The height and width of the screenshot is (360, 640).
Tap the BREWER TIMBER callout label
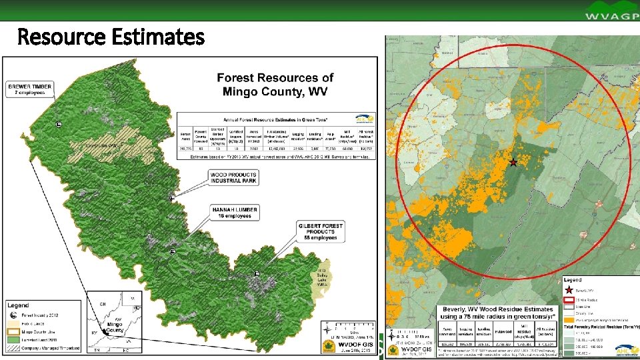pyautogui.click(x=29, y=89)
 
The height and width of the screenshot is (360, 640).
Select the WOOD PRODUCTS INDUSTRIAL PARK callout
pyautogui.click(x=233, y=177)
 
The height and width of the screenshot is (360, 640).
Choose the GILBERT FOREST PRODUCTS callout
pyautogui.click(x=320, y=231)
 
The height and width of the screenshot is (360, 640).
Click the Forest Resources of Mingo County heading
pyautogui.click(x=275, y=85)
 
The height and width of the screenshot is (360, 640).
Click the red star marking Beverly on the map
pyautogui.click(x=513, y=163)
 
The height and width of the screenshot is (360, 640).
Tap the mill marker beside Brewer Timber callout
pyautogui.click(x=59, y=125)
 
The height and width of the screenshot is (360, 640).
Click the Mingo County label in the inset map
pyautogui.click(x=116, y=327)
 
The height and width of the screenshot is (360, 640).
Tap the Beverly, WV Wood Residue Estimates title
pyautogui.click(x=497, y=309)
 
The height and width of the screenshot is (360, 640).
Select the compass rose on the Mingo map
pyautogui.click(x=327, y=329)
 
